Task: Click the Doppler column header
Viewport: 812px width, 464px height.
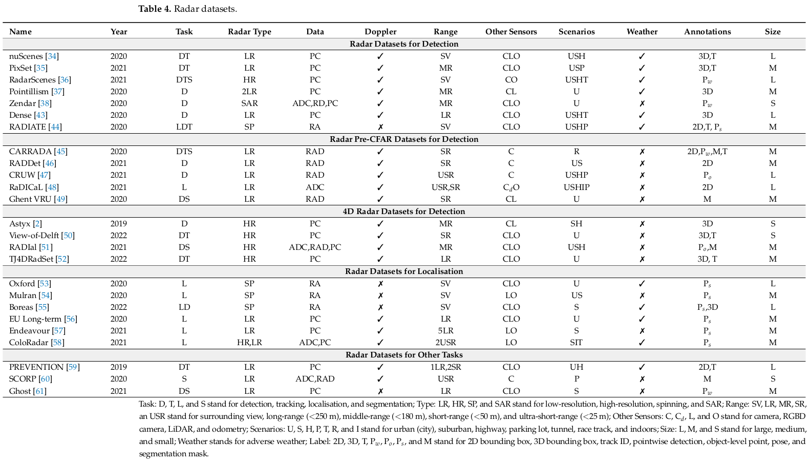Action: [380, 32]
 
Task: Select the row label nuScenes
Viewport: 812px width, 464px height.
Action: [26, 56]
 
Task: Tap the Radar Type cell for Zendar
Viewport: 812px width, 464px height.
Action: [249, 103]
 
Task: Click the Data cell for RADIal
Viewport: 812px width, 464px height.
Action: [315, 247]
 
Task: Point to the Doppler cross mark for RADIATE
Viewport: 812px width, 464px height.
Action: [380, 127]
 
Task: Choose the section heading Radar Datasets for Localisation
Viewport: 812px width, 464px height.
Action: [404, 271]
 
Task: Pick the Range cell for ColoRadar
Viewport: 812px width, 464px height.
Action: [445, 343]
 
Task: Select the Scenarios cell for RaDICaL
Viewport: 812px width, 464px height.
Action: [576, 187]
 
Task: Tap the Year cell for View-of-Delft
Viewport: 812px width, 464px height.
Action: [119, 236]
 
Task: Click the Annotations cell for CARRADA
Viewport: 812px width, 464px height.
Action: [707, 152]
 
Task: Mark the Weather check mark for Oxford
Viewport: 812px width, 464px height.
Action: [642, 284]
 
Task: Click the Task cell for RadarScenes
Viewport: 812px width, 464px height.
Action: [184, 80]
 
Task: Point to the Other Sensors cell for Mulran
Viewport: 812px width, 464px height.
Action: [511, 296]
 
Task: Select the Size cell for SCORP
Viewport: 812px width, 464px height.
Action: [773, 379]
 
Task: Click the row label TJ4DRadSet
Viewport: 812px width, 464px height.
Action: [31, 259]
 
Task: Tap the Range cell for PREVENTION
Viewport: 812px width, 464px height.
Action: [445, 367]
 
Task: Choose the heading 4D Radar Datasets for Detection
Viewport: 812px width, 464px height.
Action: [404, 212]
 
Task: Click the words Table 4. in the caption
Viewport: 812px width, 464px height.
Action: [155, 9]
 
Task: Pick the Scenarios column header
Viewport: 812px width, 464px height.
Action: [576, 32]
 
